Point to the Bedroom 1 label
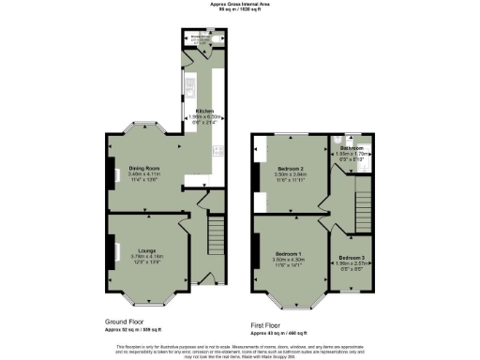(x=286, y=254)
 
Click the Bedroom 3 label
(x=352, y=257)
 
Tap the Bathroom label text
(x=352, y=148)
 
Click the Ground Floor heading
(x=127, y=322)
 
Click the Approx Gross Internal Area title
(x=239, y=5)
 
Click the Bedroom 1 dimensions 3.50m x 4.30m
(x=286, y=260)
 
